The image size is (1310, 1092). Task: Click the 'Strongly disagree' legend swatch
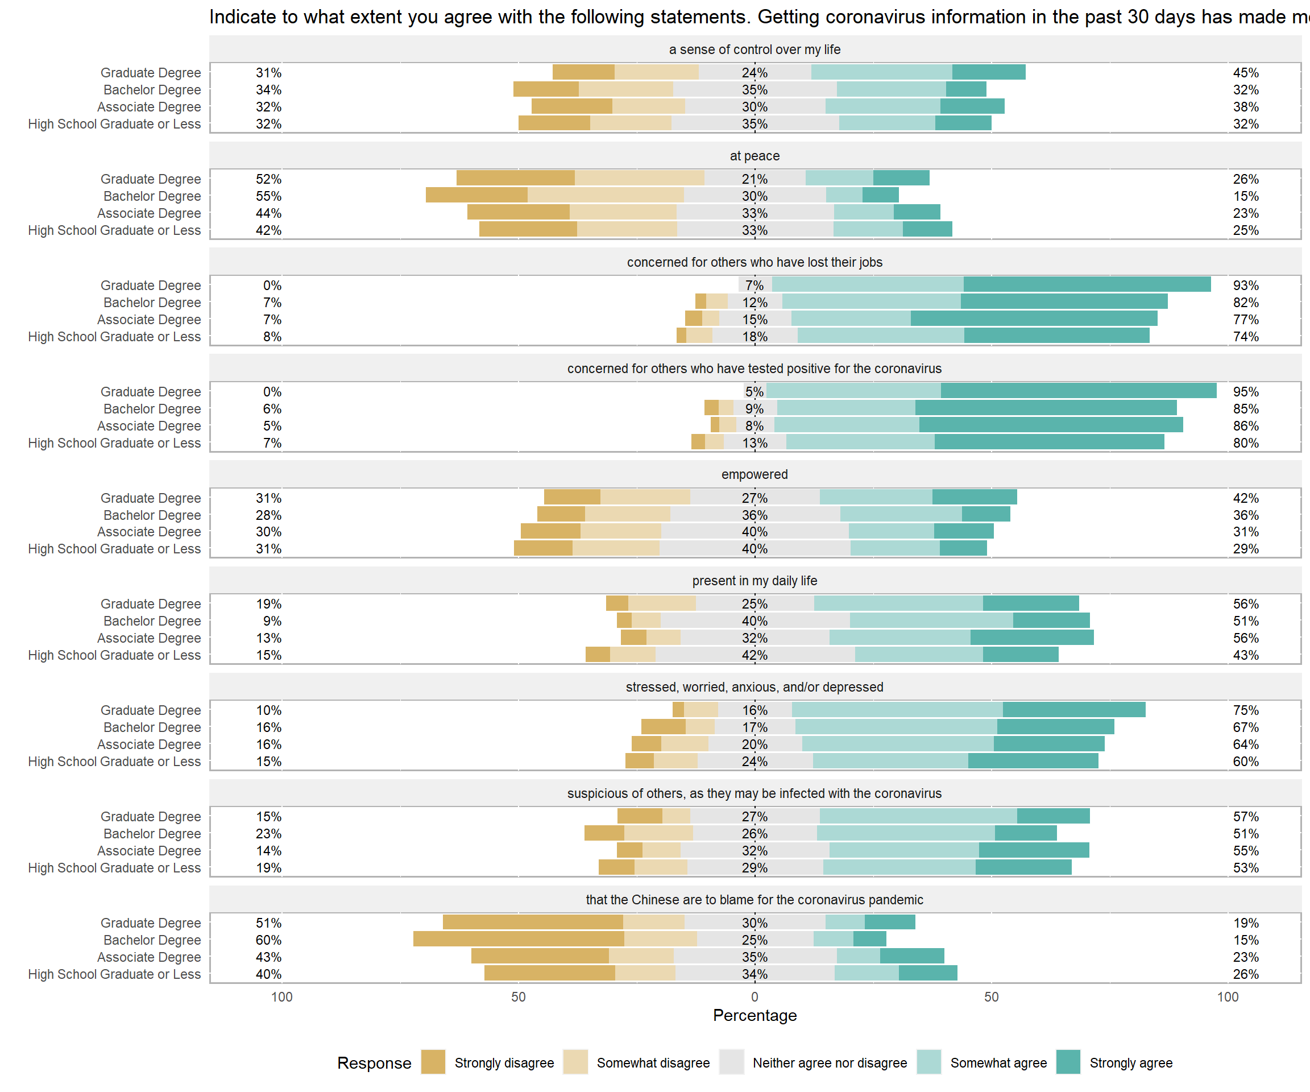pos(433,1062)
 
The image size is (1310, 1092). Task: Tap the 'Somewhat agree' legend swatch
pos(929,1062)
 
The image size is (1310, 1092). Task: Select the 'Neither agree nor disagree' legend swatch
pos(731,1062)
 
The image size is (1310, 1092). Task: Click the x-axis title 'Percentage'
pos(755,1015)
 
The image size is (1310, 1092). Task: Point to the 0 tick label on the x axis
pos(755,996)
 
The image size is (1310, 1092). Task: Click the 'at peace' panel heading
pos(755,156)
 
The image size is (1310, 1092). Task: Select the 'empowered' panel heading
pos(755,474)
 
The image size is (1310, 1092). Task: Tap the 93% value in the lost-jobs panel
pos(1246,285)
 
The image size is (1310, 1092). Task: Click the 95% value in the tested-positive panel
pos(1246,392)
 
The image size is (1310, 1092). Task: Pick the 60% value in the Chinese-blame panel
pos(268,940)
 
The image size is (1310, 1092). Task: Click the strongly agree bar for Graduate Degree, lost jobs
pos(1087,284)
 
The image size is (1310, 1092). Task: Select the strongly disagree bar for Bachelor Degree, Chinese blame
pos(519,939)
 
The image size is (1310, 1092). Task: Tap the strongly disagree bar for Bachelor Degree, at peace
pos(476,195)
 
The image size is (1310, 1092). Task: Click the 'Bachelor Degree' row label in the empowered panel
pos(152,515)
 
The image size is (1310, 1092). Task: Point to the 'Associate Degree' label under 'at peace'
pos(149,213)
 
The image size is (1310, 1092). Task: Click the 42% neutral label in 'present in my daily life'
pos(755,655)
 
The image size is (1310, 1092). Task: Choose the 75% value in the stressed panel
pos(1246,710)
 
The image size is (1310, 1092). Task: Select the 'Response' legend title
pos(374,1062)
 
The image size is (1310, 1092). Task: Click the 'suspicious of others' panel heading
pos(755,793)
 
